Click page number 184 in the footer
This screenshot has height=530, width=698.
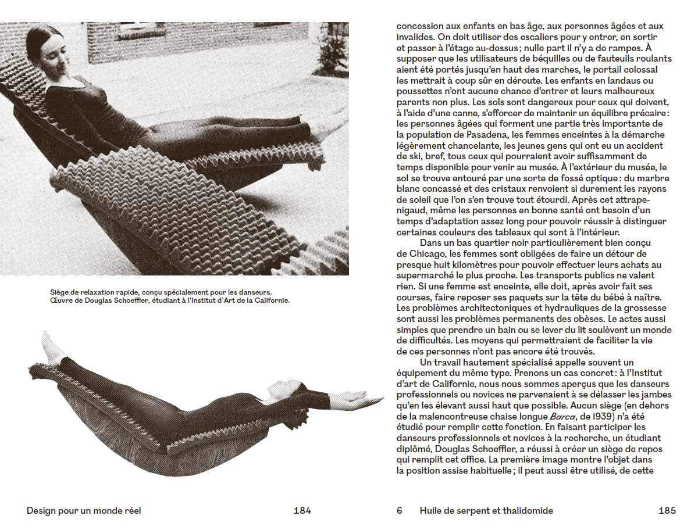point(302,511)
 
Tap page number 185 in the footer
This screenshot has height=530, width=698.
point(667,511)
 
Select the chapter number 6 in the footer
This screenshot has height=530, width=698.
point(400,511)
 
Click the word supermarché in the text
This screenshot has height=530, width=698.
point(424,275)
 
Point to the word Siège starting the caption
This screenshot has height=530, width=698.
point(59,292)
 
